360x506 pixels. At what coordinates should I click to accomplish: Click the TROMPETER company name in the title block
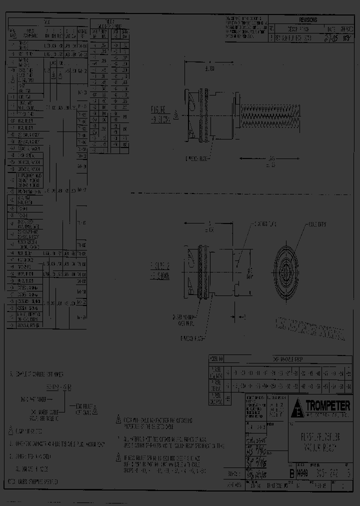click(x=327, y=405)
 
